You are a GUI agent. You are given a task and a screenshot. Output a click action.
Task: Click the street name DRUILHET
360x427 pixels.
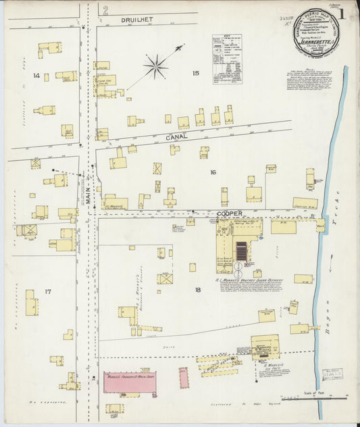coord(138,20)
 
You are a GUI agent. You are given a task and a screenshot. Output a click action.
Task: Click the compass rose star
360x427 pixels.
coord(156,66)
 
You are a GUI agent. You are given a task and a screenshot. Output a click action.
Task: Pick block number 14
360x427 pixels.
coord(36,76)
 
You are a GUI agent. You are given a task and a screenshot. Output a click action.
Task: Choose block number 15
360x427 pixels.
coord(196,73)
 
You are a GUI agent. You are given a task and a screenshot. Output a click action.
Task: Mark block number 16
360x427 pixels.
coord(212,172)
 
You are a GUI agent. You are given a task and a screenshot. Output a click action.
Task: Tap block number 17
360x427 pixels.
coord(47,291)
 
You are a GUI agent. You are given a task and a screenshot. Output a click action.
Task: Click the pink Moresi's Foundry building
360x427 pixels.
coord(130,383)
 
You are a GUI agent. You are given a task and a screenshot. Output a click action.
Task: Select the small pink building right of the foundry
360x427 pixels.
coord(184,377)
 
